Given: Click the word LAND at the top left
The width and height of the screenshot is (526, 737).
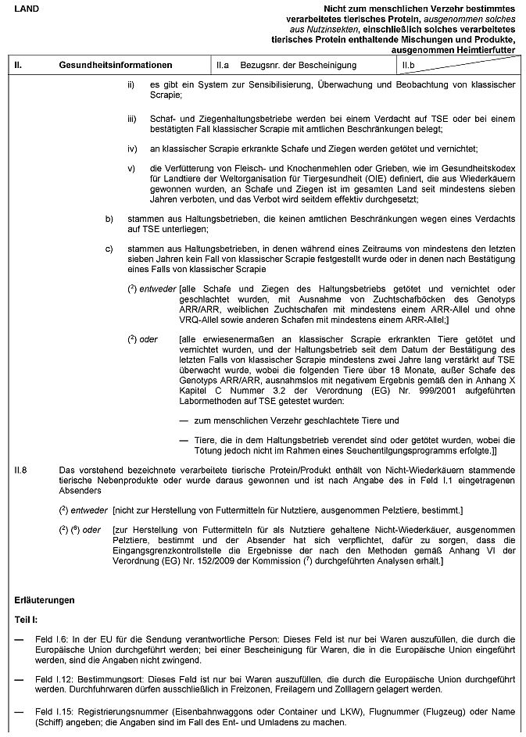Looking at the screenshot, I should click(x=25, y=7).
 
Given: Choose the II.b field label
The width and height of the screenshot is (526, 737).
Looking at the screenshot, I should click(x=408, y=65).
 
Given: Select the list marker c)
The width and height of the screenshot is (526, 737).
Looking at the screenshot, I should click(x=109, y=249).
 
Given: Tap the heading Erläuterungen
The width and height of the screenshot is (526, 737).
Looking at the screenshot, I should click(x=45, y=600).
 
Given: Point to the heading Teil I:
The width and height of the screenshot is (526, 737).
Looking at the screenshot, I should click(x=27, y=618).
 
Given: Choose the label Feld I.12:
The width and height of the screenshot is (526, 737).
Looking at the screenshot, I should click(x=55, y=679).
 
